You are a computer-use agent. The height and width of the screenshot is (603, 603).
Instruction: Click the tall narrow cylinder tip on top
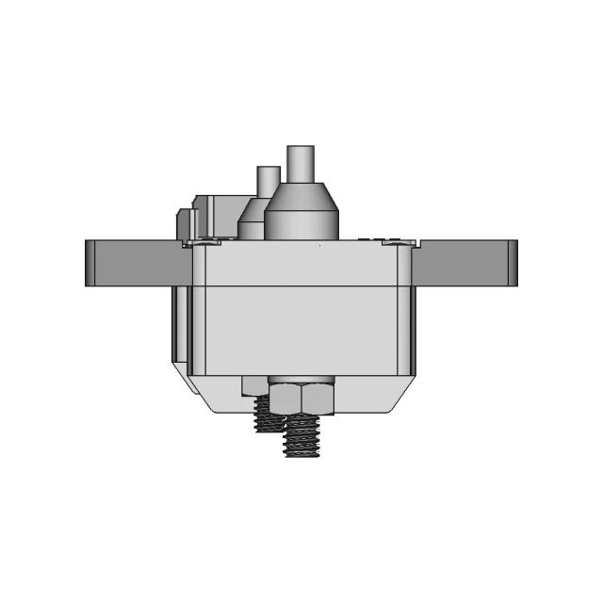pyautogui.click(x=301, y=163)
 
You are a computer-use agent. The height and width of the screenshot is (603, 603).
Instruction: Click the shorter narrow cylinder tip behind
pyautogui.click(x=268, y=179)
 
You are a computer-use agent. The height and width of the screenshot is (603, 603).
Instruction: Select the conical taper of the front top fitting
pyautogui.click(x=300, y=195)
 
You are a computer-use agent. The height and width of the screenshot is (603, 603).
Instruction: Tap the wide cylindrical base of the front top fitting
pyautogui.click(x=300, y=225)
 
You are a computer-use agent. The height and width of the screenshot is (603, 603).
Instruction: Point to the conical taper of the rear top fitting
pyautogui.click(x=253, y=209)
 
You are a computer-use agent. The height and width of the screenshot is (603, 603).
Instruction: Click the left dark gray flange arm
pyautogui.click(x=137, y=263)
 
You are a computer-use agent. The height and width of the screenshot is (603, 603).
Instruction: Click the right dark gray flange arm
pyautogui.click(x=462, y=263)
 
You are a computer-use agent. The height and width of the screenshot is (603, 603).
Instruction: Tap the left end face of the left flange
pyautogui.click(x=90, y=263)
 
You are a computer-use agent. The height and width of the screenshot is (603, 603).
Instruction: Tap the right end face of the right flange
pyautogui.click(x=513, y=263)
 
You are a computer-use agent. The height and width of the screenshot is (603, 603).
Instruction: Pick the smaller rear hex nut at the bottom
pyautogui.click(x=254, y=386)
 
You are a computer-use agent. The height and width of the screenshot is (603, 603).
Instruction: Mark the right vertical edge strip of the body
pyautogui.click(x=404, y=311)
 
